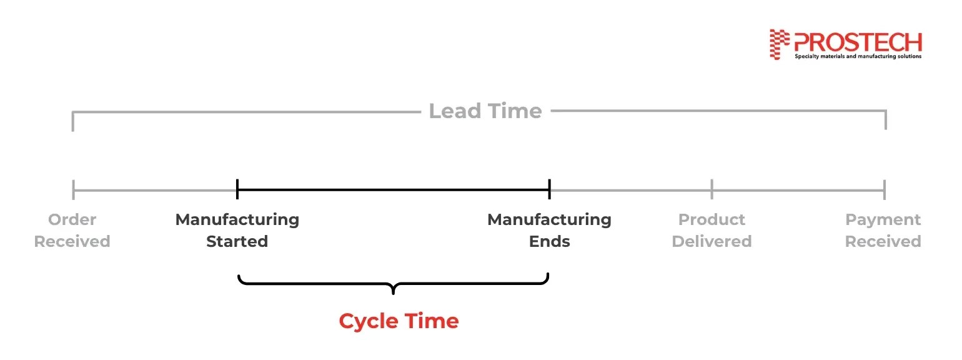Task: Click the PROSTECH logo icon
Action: point(776,44)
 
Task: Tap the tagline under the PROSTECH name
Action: point(857,56)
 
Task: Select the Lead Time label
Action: point(485,111)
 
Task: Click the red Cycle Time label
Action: point(399,321)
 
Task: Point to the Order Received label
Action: point(72,231)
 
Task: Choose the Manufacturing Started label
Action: point(237,231)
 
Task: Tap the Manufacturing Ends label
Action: point(549,231)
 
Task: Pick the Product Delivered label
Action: point(712,231)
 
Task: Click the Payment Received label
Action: point(883,231)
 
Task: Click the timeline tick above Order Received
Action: point(74,189)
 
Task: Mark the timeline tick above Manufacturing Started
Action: point(237,189)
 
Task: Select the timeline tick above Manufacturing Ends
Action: point(549,189)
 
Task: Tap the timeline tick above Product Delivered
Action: point(712,189)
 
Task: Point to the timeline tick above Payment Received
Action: point(885,189)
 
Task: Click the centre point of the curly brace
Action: point(393,289)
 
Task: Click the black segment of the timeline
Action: point(394,189)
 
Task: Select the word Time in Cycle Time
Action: point(431,321)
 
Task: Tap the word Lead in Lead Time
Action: point(454,111)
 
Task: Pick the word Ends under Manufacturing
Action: point(549,241)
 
